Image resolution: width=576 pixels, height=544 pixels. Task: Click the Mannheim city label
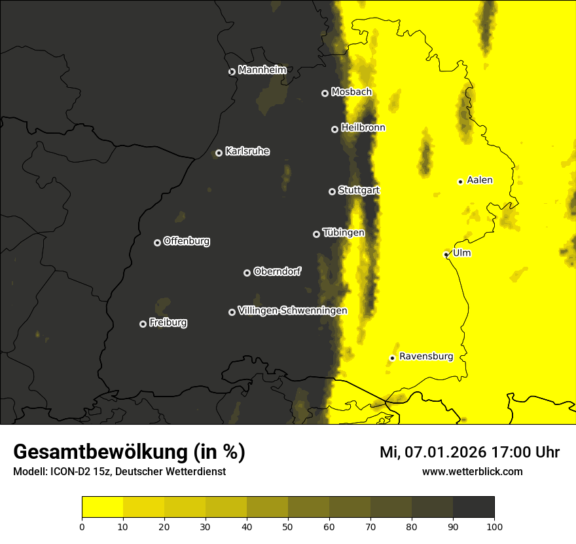click(262, 70)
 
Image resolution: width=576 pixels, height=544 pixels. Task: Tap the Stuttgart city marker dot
click(332, 191)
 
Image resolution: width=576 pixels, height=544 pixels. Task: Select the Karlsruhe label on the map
click(247, 151)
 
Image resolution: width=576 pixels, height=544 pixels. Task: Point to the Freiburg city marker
click(143, 324)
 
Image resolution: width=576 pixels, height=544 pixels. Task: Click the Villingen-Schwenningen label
click(293, 311)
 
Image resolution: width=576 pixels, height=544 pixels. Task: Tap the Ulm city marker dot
click(446, 254)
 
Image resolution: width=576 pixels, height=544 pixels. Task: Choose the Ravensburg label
click(425, 357)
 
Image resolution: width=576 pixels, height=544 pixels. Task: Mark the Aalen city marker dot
click(460, 182)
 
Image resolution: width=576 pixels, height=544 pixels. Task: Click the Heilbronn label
click(363, 128)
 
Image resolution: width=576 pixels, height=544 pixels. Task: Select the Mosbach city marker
click(324, 93)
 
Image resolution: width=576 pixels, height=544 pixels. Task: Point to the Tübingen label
click(343, 233)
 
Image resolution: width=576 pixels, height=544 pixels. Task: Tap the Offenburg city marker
click(157, 243)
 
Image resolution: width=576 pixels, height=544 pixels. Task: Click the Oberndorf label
click(277, 271)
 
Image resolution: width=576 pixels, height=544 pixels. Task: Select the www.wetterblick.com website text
click(472, 471)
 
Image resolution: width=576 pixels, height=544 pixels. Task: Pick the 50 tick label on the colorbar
click(288, 526)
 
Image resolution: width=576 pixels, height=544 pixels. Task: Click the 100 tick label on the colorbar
click(494, 526)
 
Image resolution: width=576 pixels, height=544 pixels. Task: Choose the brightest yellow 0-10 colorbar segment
click(103, 507)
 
